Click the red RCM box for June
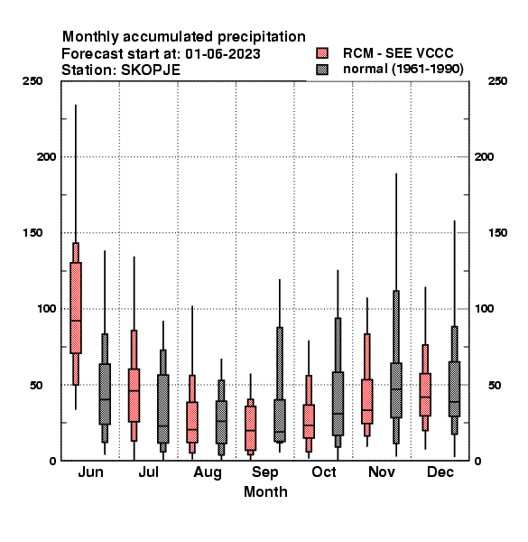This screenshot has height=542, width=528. click(x=76, y=308)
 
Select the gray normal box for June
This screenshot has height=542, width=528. click(x=105, y=394)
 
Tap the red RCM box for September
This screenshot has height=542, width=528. click(x=250, y=428)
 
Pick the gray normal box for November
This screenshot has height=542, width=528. click(x=396, y=390)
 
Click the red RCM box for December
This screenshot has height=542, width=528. click(x=425, y=395)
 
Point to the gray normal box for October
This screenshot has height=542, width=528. click(x=338, y=404)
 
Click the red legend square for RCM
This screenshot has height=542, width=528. click(x=322, y=53)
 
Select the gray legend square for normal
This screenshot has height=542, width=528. click(x=322, y=70)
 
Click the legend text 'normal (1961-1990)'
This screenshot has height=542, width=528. click(x=403, y=70)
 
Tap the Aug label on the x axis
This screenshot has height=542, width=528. click(x=208, y=472)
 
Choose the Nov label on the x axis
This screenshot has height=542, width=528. click(x=382, y=472)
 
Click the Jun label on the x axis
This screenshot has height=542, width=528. click(x=90, y=472)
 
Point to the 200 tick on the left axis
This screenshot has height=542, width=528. click(x=46, y=157)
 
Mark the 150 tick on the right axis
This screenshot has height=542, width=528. click(x=497, y=233)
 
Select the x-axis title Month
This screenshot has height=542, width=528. click(x=265, y=492)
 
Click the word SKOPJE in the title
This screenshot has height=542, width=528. click(x=151, y=70)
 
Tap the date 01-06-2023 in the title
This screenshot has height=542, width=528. click(x=223, y=54)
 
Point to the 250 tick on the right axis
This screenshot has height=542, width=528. click(x=497, y=81)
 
